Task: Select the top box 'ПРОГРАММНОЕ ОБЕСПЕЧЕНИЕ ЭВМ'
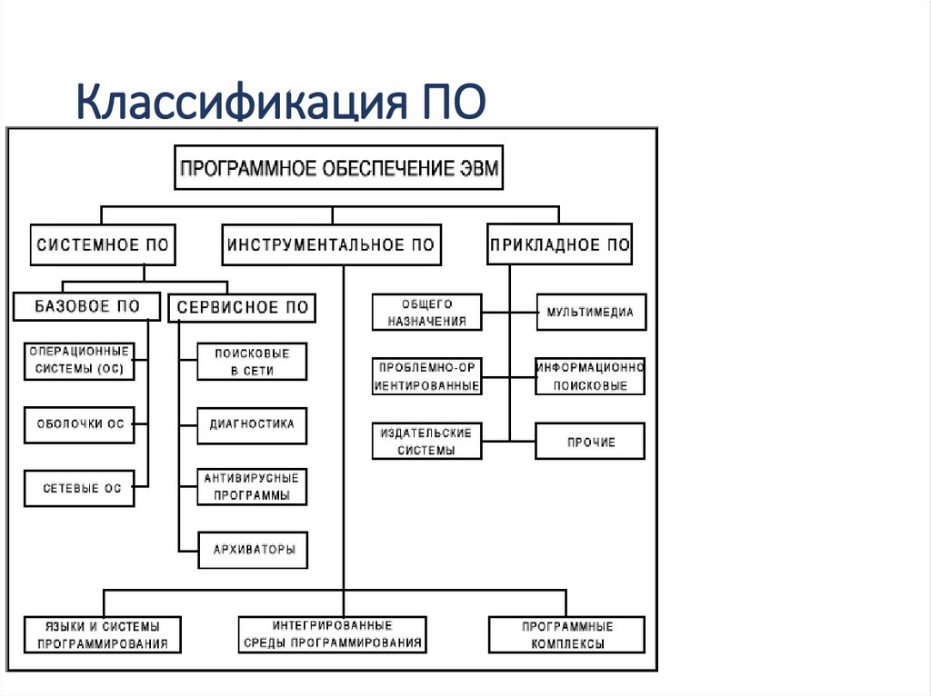point(338,168)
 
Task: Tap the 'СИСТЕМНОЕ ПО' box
point(103,245)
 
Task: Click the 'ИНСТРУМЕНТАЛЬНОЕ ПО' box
point(331,245)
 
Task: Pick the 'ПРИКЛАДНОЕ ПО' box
point(559,245)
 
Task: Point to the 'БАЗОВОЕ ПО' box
point(87,307)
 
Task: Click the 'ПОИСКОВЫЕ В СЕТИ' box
point(252,362)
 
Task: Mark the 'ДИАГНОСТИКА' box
point(252,424)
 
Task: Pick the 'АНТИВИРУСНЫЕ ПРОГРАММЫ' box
point(252,486)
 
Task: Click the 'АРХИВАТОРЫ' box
point(252,549)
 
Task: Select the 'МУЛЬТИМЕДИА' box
point(590,313)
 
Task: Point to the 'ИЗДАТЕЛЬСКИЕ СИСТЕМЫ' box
point(427,441)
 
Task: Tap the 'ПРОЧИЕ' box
point(590,442)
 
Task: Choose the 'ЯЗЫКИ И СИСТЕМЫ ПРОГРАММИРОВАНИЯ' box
point(103,634)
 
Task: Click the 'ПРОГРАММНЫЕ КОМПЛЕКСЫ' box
point(566,634)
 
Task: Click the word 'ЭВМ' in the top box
point(473,168)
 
